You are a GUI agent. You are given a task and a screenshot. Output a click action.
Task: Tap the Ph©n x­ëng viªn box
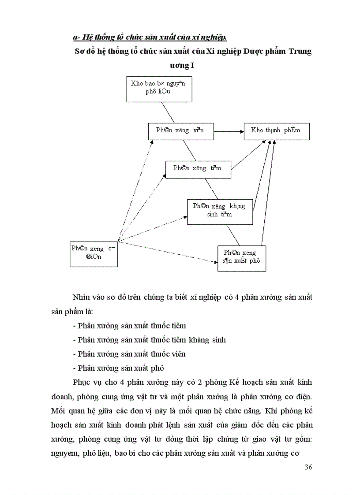point(181,131)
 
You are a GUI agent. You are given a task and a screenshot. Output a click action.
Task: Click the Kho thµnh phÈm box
point(277,131)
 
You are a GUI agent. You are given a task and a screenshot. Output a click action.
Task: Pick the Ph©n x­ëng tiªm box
point(198,169)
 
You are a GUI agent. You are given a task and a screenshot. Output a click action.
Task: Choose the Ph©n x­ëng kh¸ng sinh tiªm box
point(220,211)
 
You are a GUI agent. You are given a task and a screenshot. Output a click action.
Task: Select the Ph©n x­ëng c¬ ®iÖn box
point(94,253)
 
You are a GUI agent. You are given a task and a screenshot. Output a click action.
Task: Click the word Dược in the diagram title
point(253,52)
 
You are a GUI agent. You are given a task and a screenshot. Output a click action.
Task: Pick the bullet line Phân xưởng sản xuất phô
point(118,368)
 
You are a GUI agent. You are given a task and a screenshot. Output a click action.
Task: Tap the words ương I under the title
point(182,66)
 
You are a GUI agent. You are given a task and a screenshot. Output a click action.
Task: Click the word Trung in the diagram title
point(300,52)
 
